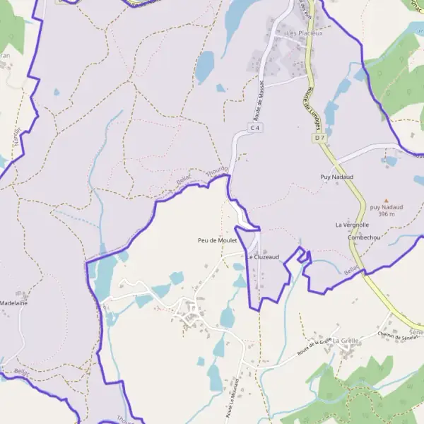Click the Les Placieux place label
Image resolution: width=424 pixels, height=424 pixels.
(x=304, y=33)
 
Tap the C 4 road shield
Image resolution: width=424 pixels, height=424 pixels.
(x=255, y=128)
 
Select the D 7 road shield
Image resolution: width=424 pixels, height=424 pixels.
(x=319, y=138)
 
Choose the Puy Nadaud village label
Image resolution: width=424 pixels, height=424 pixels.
(x=336, y=177)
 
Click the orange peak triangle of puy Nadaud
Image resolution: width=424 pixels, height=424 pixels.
(x=386, y=200)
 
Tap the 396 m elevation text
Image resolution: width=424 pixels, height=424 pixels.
(x=386, y=214)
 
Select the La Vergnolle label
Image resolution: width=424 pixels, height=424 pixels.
(x=352, y=225)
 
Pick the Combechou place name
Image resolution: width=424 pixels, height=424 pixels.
(x=364, y=237)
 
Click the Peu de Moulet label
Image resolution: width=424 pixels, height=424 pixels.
(x=217, y=240)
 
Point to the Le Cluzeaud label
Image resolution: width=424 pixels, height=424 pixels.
(x=263, y=257)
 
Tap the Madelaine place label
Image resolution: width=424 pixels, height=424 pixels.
(x=13, y=302)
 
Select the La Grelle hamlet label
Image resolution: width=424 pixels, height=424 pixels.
(x=346, y=340)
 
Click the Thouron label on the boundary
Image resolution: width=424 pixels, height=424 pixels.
(x=217, y=173)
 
